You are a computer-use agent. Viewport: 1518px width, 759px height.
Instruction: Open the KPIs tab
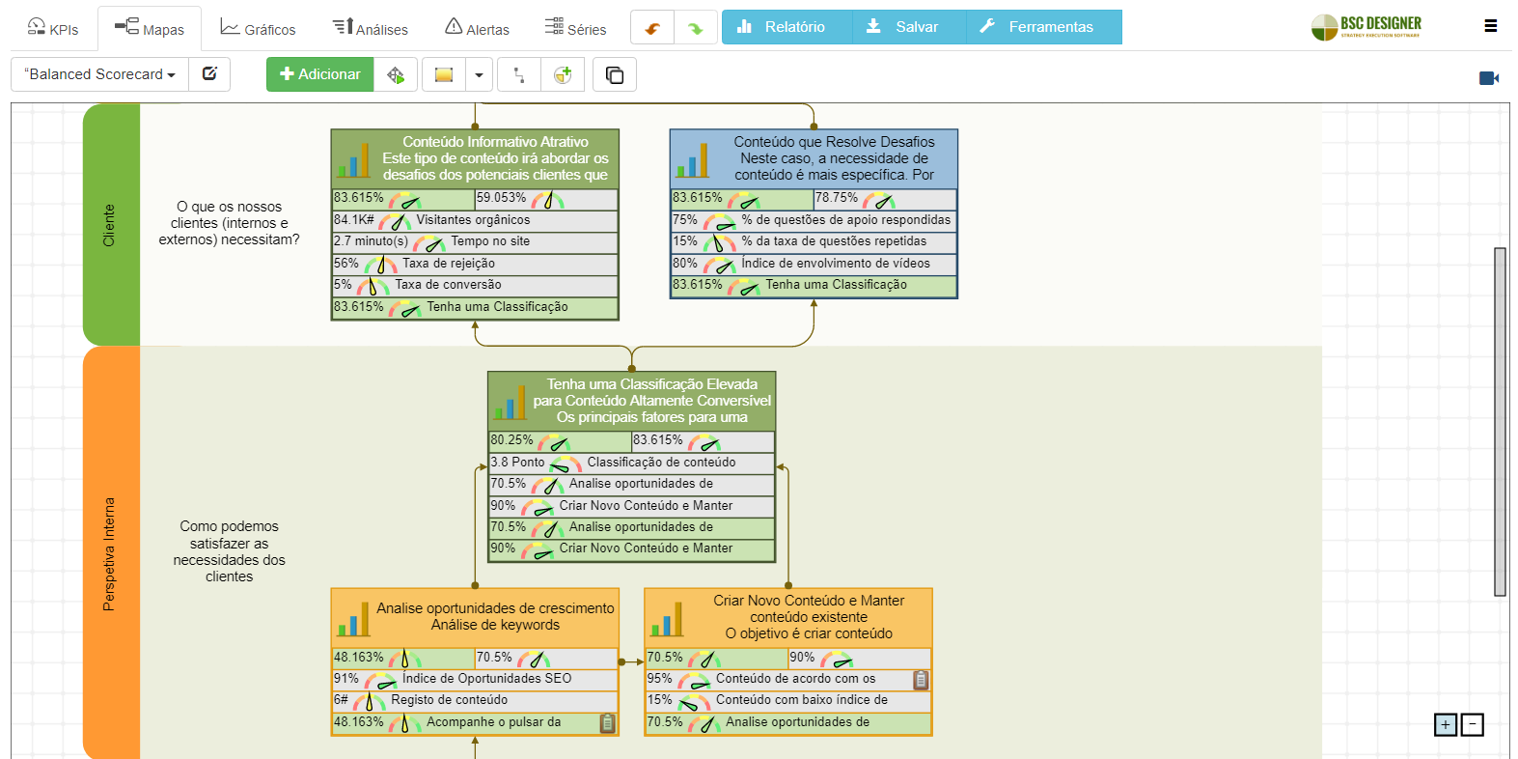53,28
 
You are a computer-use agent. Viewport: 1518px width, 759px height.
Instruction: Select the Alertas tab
477,28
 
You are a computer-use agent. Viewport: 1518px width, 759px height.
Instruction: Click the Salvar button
902,27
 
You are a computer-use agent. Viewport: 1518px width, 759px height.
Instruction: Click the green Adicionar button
319,74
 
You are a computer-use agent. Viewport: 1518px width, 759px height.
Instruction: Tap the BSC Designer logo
1366,27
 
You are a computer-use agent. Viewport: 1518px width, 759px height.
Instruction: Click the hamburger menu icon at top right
1490,26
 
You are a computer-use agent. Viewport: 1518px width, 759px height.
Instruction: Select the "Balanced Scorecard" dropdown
100,74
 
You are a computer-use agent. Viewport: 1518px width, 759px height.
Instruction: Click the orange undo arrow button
652,28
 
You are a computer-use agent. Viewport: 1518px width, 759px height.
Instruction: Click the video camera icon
1488,78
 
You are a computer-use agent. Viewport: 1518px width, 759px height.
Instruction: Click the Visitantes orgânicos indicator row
473,220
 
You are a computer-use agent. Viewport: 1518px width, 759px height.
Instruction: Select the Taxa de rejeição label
449,264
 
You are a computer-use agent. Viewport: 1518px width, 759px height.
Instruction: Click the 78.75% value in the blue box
836,198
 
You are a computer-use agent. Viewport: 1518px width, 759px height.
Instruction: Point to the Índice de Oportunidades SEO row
486,679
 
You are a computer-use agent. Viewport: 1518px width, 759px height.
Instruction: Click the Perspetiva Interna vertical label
109,553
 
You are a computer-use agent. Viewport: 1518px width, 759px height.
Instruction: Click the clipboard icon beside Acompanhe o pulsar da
607,722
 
